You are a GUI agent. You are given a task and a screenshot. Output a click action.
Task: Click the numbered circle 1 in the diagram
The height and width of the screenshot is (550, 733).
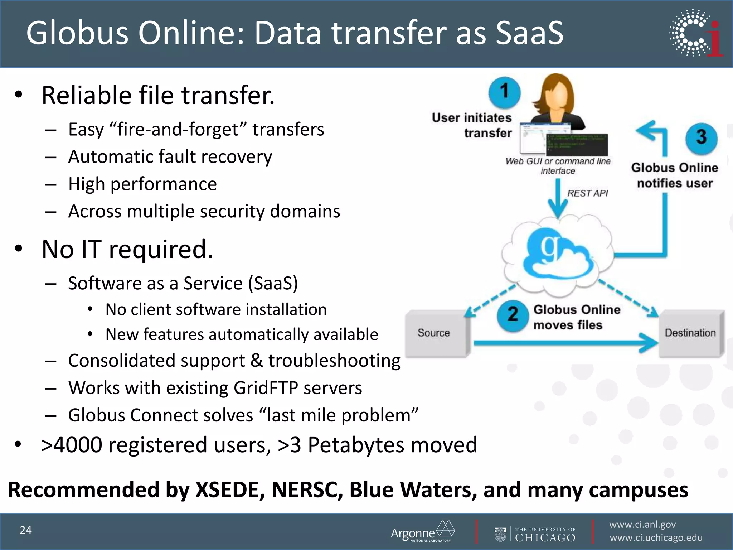pyautogui.click(x=504, y=92)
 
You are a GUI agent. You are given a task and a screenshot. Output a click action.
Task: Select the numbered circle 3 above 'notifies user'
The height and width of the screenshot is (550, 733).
pyautogui.click(x=701, y=138)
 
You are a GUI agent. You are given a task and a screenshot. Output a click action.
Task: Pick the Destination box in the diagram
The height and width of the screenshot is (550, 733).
pyautogui.click(x=690, y=333)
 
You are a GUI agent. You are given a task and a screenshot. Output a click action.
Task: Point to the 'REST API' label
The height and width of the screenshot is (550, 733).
pyautogui.click(x=588, y=193)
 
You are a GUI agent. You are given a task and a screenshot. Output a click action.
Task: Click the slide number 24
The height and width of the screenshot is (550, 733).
pyautogui.click(x=26, y=530)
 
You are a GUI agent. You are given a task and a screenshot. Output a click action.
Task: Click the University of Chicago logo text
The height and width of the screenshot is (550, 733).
pyautogui.click(x=545, y=534)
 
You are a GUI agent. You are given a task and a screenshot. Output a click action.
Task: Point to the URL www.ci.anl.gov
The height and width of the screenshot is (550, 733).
pyautogui.click(x=642, y=525)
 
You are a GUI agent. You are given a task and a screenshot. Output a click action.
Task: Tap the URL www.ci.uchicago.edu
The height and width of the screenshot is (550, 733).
pyautogui.click(x=656, y=538)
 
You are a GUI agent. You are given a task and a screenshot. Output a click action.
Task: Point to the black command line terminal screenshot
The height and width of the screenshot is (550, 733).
pyautogui.click(x=577, y=144)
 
